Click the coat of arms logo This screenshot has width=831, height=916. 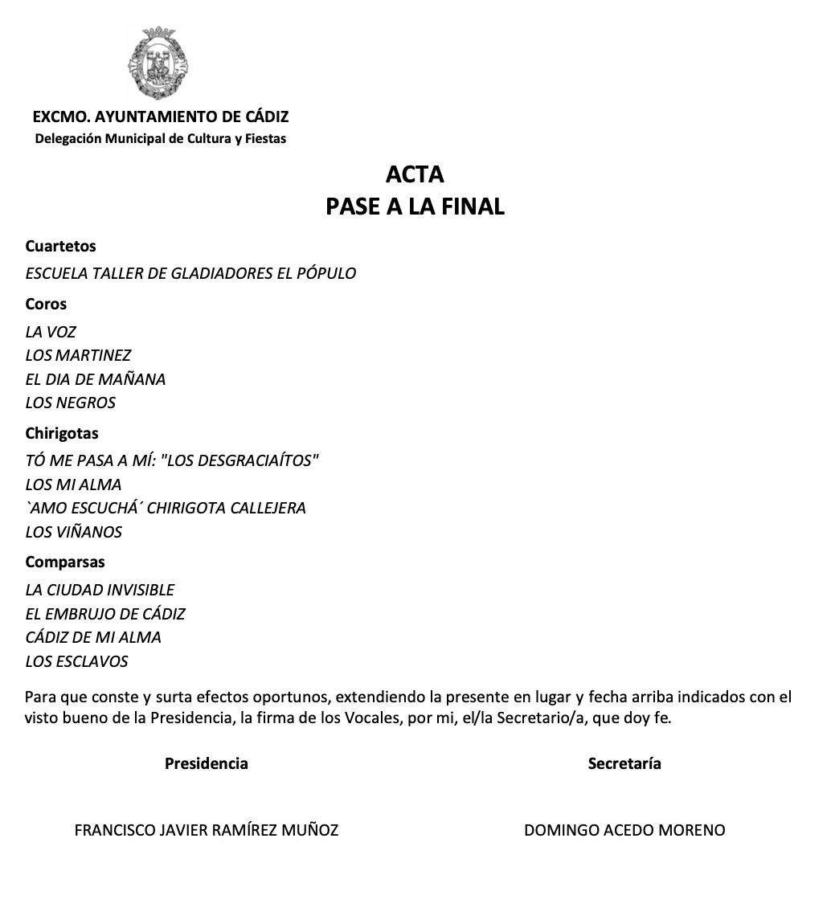[160, 63]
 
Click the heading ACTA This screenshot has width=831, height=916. [415, 174]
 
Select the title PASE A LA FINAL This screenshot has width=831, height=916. [415, 207]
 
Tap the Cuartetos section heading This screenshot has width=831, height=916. [60, 247]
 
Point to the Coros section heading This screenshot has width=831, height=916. [46, 305]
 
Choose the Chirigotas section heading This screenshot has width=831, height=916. [62, 434]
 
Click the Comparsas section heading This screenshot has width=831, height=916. [65, 562]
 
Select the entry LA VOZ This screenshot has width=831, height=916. [51, 332]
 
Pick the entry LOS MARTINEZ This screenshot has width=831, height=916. [78, 355]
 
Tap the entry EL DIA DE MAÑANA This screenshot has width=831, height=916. [96, 379]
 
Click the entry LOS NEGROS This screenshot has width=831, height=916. [71, 403]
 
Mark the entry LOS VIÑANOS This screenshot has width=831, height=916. [74, 532]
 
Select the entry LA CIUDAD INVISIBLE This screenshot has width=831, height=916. [100, 590]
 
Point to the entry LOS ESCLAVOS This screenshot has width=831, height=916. [76, 662]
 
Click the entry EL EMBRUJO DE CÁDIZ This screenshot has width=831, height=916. [105, 614]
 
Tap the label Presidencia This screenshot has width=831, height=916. [207, 763]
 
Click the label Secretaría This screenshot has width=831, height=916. [624, 763]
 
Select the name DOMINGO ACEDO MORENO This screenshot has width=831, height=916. [624, 830]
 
